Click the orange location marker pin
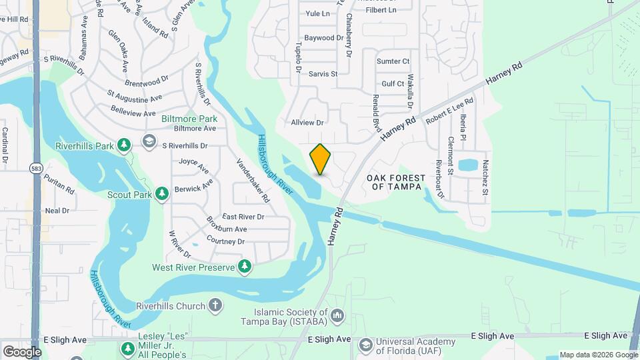pyautogui.click(x=321, y=159)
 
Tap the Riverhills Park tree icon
pyautogui.click(x=123, y=145)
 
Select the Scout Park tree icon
pyautogui.click(x=161, y=194)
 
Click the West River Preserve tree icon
pyautogui.click(x=245, y=267)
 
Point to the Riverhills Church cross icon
pyautogui.click(x=215, y=305)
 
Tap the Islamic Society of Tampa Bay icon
pyautogui.click(x=337, y=314)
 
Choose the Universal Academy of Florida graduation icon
pyautogui.click(x=365, y=345)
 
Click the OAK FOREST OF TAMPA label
pyautogui.click(x=396, y=182)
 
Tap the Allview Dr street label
pyautogui.click(x=307, y=123)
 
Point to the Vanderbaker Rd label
pyautogui.click(x=254, y=181)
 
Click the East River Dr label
pyautogui.click(x=243, y=217)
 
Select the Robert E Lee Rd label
pyautogui.click(x=450, y=111)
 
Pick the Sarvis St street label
pyautogui.click(x=323, y=74)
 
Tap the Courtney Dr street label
pyautogui.click(x=226, y=241)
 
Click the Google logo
pyautogui.click(x=22, y=351)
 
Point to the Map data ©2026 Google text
pyautogui.click(x=598, y=355)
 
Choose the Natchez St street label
pyautogui.click(x=485, y=177)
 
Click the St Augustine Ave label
pyautogui.click(x=135, y=98)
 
